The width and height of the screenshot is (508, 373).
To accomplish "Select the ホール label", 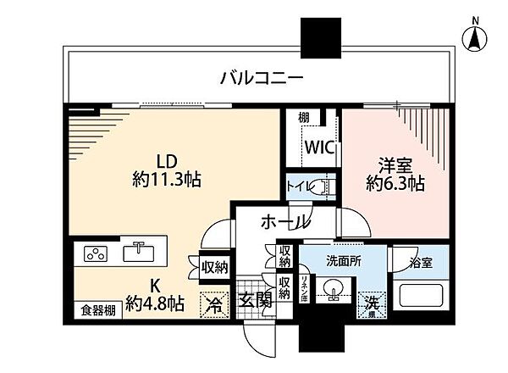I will (x=284, y=221).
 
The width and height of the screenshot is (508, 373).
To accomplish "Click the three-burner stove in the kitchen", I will (x=95, y=253).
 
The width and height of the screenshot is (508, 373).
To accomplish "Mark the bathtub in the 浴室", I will (x=422, y=298).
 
